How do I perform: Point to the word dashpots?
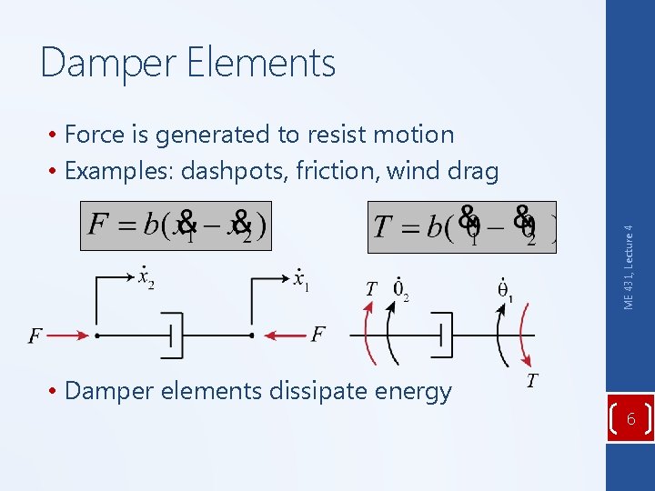pos(233,170)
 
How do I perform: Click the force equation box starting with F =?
pos(176,225)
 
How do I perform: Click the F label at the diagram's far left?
pos(35,336)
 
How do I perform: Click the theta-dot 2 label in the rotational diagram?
pos(400,289)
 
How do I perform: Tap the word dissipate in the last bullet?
pos(290,391)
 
